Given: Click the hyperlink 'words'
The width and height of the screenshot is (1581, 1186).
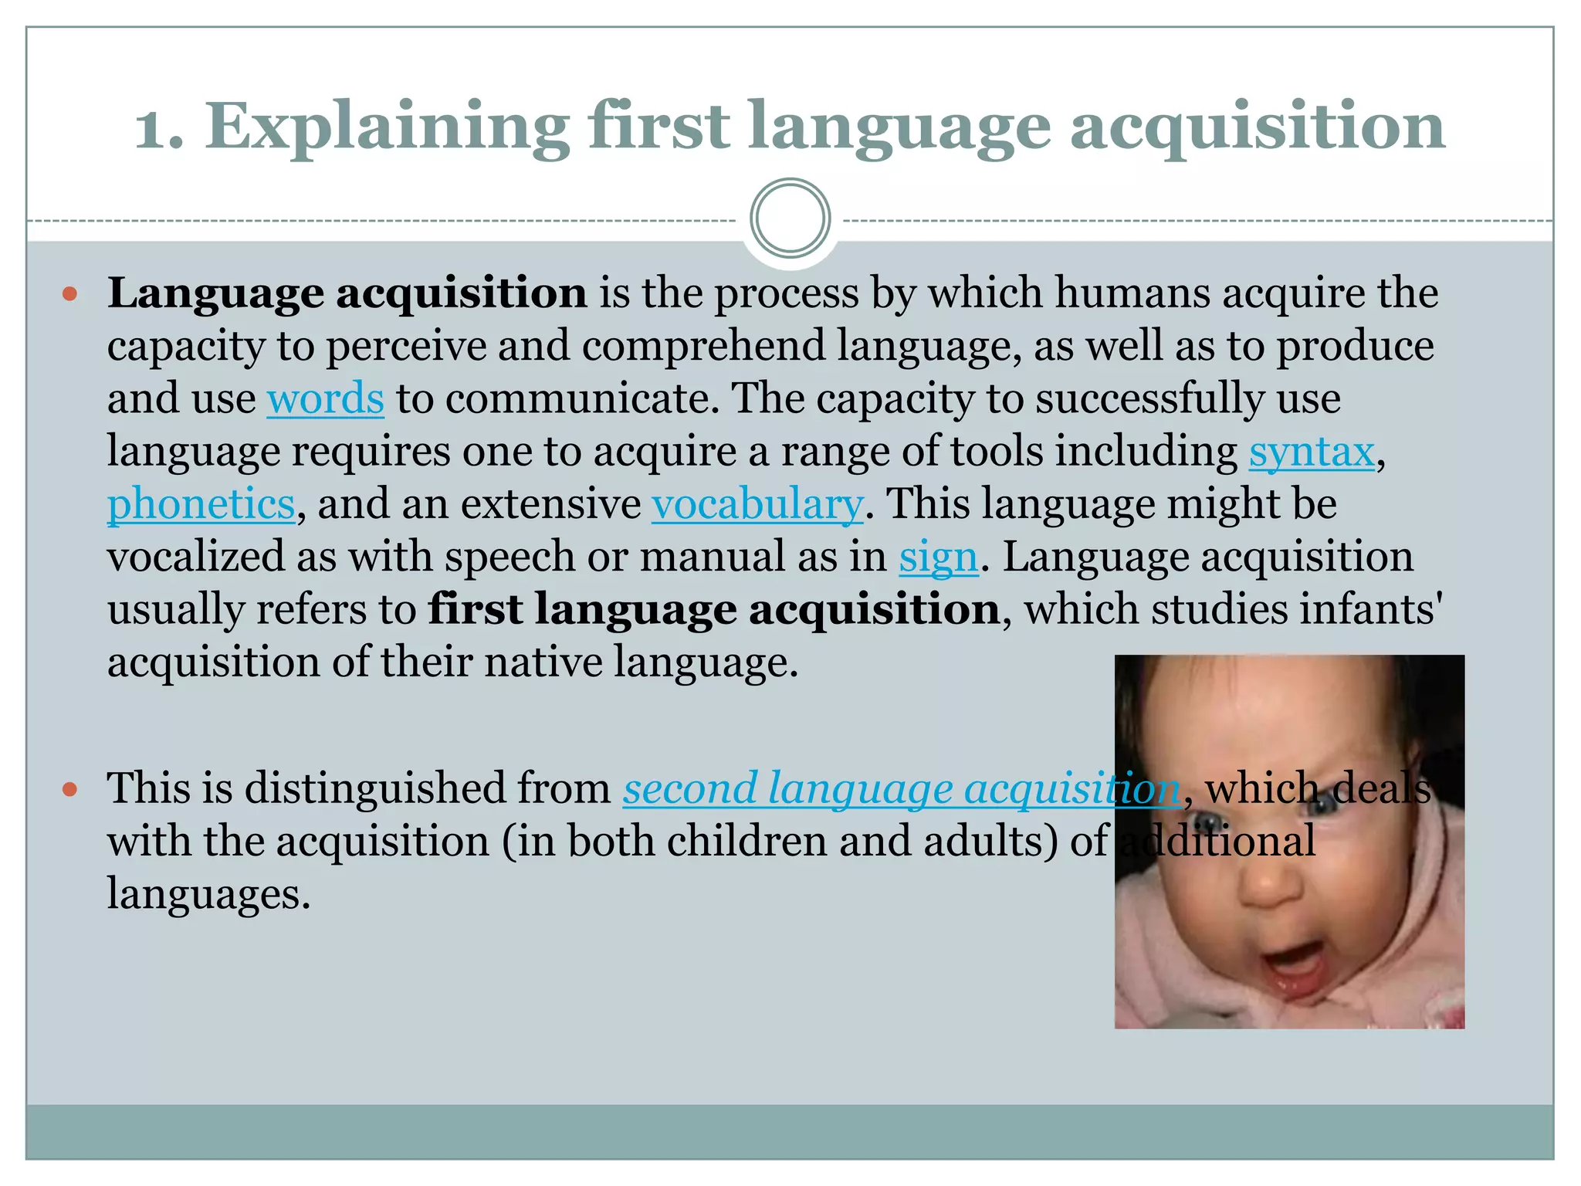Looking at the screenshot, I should pos(325,399).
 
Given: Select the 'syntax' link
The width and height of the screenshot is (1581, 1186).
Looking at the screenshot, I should pos(1312,452).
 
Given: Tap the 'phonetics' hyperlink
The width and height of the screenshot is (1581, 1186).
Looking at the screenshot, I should pos(201,504).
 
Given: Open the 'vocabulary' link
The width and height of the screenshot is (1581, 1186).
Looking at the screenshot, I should pos(757,504).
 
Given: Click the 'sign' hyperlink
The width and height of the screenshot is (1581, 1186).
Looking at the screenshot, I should pos(938,557).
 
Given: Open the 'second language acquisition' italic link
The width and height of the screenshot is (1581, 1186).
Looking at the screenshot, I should pos(901,788).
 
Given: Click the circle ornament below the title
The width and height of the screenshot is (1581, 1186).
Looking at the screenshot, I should pos(790,219).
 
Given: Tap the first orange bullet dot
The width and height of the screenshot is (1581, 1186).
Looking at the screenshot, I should pos(70,294).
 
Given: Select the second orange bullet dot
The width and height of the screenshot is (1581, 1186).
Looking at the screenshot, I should pos(70,789).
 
